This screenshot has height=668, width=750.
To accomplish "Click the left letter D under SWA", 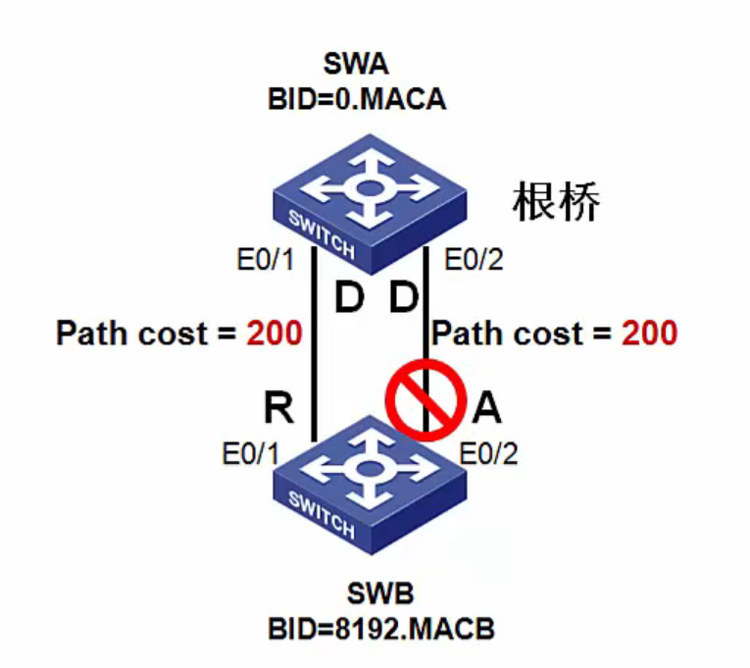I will [349, 298].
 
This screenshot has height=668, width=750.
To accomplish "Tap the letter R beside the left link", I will [278, 407].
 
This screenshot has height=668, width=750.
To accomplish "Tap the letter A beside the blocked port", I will [486, 407].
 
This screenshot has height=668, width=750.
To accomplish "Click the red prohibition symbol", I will [423, 399].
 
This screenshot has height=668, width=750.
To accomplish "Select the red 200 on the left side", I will [273, 334].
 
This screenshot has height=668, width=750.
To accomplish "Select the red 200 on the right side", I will [648, 334].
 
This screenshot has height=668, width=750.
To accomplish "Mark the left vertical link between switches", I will [312, 343].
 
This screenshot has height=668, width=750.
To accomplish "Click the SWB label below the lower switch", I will [380, 594].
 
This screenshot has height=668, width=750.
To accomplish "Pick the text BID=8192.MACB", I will [381, 628].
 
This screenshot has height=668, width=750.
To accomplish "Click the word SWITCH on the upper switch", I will [322, 231].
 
